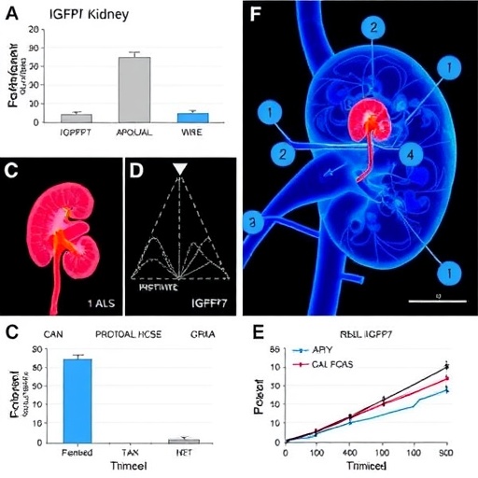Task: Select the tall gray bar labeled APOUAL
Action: (134, 89)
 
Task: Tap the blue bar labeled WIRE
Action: (191, 117)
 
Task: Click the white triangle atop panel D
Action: (179, 168)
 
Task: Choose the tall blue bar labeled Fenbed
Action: (77, 400)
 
